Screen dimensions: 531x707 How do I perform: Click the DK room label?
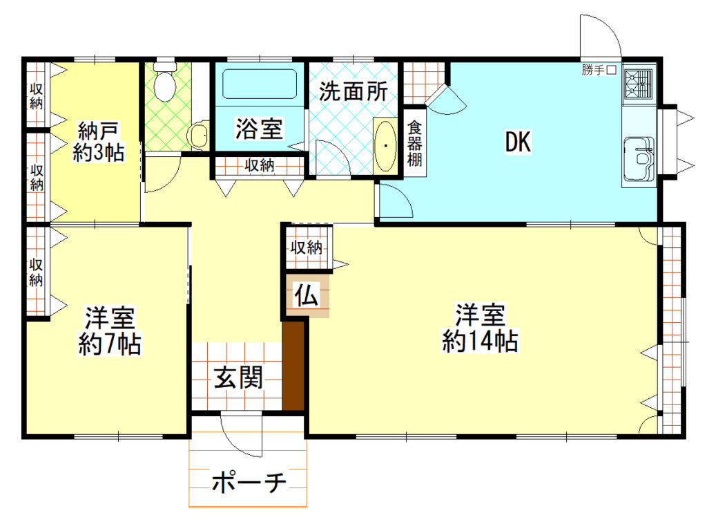coord(517,143)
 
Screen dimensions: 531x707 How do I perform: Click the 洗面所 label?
coord(352,92)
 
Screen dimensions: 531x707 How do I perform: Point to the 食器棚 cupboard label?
coord(414,143)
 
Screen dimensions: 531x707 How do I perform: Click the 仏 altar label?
coord(307,297)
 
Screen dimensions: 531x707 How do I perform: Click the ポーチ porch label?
coord(249,483)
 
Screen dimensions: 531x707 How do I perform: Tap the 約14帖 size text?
coord(481,342)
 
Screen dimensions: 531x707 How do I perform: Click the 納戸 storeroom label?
coord(99,129)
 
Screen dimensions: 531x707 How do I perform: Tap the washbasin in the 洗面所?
coord(385,145)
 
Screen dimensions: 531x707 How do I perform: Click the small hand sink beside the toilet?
coord(199,135)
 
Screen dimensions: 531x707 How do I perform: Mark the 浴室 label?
coord(259,129)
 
